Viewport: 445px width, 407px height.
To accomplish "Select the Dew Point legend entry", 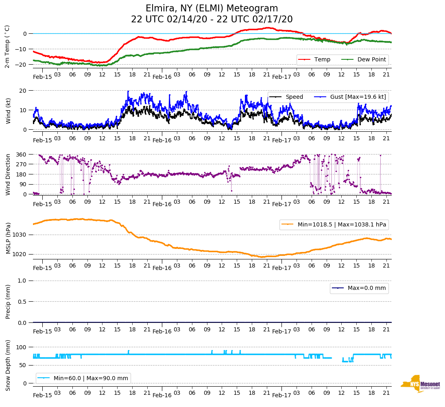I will click(371, 59).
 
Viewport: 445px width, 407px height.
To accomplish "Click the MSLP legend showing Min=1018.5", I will click(334, 224).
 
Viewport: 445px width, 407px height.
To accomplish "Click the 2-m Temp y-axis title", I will click(7, 46).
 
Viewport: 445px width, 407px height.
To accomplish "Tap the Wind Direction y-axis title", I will click(8, 174).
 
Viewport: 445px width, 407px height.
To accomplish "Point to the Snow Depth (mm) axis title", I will click(8, 365).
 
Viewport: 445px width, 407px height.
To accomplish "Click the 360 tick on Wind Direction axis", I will click(22, 155).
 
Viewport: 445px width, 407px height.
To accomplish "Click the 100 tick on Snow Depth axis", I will click(22, 347).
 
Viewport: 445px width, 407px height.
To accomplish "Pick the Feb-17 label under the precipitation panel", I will click(281, 331).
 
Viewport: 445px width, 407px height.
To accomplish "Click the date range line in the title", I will click(212, 20).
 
